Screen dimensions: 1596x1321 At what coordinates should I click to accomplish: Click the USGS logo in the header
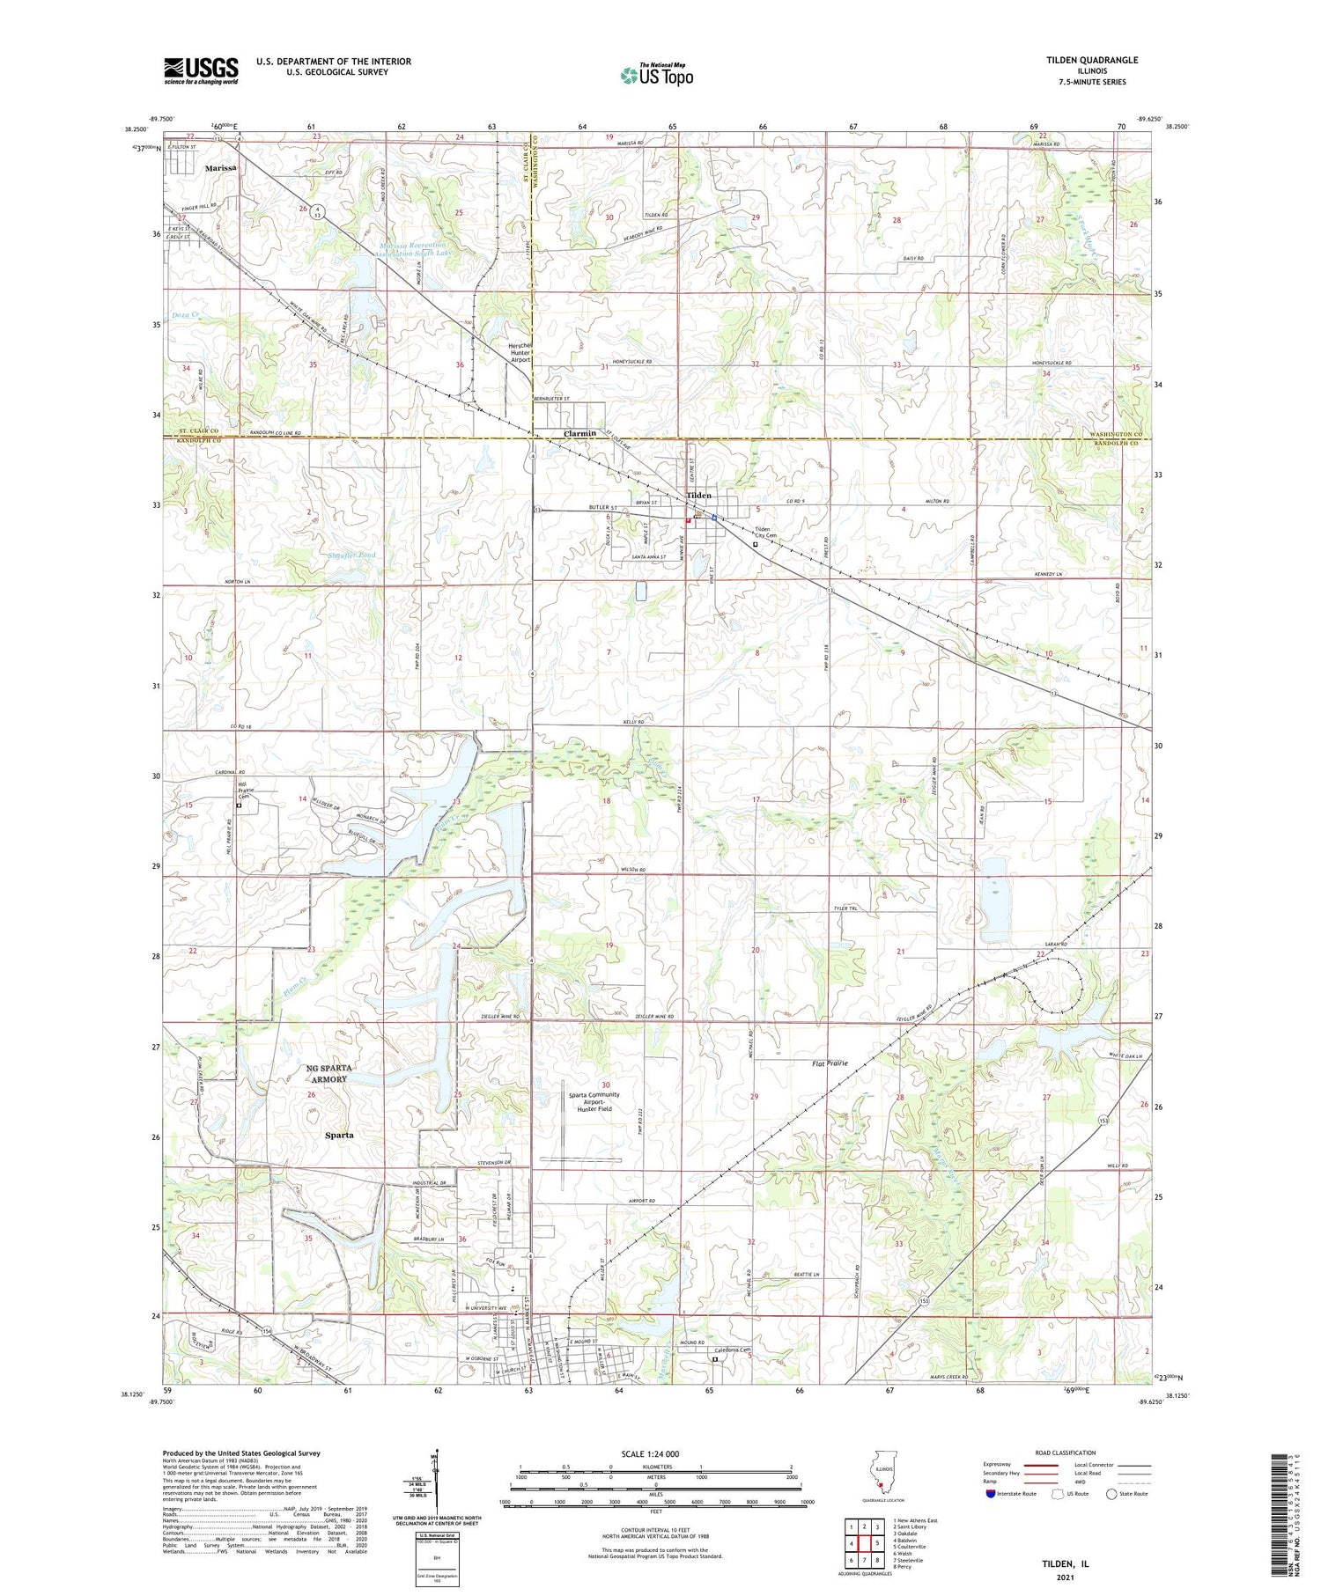point(201,70)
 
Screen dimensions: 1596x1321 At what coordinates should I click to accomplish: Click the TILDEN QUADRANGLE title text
point(1091,60)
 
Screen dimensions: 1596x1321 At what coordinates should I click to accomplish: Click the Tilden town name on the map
point(698,496)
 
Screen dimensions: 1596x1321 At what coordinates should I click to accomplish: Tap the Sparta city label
point(339,1135)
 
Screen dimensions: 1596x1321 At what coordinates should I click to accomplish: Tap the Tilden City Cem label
point(765,533)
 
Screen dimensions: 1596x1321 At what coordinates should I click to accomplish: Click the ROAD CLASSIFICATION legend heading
point(1065,1453)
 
